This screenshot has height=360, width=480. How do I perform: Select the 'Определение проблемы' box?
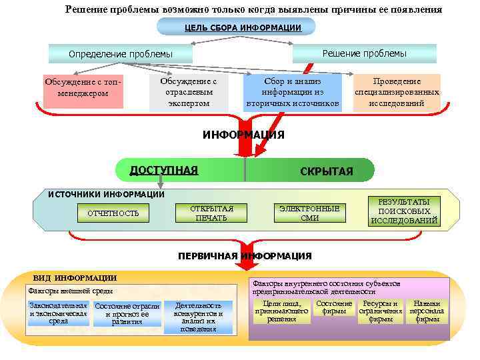pos(121,53)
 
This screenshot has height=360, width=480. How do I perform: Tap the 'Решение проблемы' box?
pos(364,53)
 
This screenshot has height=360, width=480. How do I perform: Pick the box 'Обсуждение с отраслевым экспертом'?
pos(189,91)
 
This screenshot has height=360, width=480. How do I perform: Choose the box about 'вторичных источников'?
pos(293,91)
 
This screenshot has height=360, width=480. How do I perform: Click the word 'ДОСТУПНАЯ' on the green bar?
pos(163,170)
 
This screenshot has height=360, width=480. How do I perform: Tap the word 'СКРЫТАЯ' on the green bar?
pos(327,172)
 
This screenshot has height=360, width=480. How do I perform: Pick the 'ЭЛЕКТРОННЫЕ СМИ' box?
pos(309,213)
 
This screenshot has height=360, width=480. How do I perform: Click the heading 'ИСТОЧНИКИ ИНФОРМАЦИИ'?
pos(107,194)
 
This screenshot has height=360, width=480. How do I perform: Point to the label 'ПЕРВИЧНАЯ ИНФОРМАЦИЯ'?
pos(244,256)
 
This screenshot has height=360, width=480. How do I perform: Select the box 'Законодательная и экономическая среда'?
pos(59,313)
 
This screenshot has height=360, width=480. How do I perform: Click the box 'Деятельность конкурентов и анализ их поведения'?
pos(199,316)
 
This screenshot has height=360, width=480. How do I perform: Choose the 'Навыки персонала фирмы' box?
pos(427,311)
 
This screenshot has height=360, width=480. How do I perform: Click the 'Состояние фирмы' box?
pos(334,308)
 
